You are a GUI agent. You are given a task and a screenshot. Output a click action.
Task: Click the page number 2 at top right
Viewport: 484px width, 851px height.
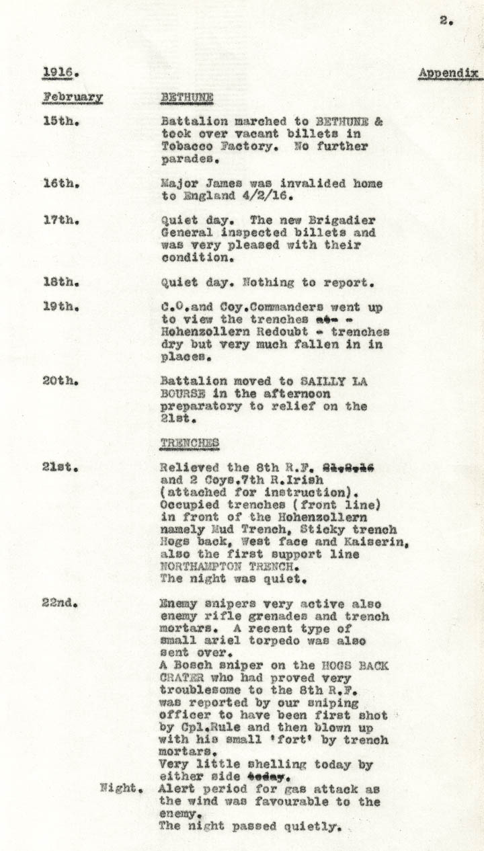pos(445,21)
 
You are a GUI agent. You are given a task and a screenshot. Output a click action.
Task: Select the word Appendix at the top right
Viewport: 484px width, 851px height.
pos(448,73)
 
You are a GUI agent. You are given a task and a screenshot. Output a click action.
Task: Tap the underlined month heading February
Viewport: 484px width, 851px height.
pos(73,97)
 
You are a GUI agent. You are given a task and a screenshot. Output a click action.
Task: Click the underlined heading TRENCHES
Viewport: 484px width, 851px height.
pos(190,442)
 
